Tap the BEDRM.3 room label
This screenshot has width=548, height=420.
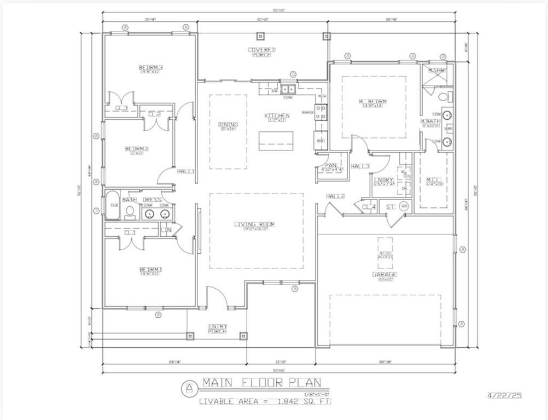point(151,68)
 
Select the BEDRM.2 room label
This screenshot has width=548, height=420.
point(137,149)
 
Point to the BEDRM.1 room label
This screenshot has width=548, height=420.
point(151,270)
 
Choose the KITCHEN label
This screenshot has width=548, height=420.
point(277,116)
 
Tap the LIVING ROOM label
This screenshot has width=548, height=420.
point(254,224)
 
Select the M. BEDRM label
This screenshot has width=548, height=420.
point(373,102)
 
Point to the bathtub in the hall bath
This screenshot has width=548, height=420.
point(113,205)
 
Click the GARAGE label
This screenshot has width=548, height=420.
point(384,275)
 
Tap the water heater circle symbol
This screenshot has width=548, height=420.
point(404,206)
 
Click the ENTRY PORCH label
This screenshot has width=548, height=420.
point(217,329)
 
